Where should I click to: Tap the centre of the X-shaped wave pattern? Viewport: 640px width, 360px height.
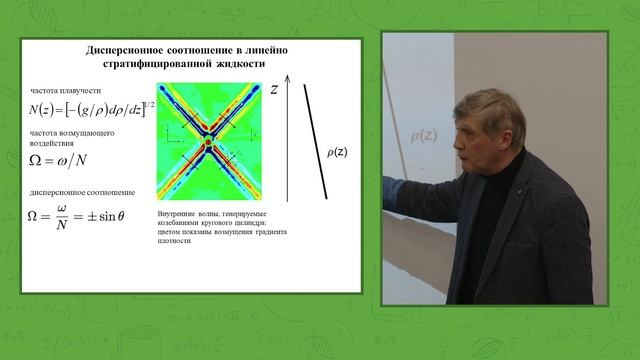[207, 143]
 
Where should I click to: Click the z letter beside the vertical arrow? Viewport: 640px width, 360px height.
[273, 90]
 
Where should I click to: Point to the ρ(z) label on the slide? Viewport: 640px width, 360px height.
[338, 153]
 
